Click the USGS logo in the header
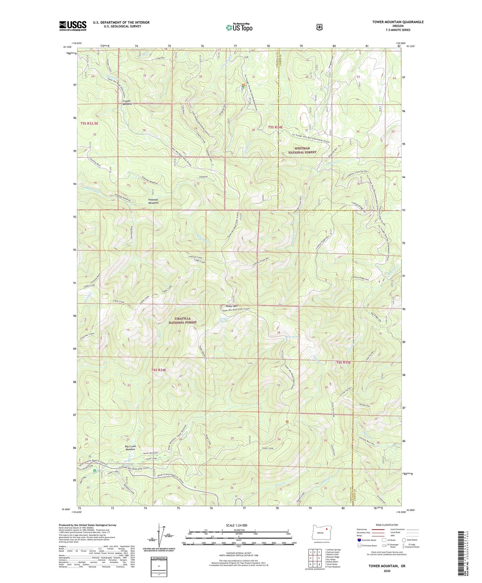pos(73,26)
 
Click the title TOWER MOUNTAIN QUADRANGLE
pos(398,22)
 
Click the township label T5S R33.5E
pos(90,124)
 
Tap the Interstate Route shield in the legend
pos(359,540)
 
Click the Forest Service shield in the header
pos(319,27)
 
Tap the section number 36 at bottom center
pos(232,488)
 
